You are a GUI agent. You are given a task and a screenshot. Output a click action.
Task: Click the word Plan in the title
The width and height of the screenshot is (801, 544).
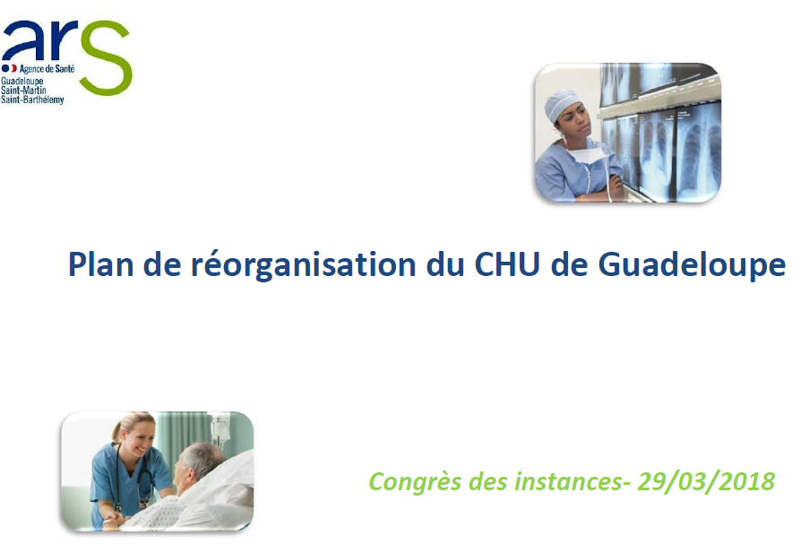[x=100, y=264]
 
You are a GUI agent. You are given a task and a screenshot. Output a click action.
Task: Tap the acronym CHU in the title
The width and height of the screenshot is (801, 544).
[x=507, y=264]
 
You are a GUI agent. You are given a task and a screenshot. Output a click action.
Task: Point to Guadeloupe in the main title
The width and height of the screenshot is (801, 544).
[x=692, y=265]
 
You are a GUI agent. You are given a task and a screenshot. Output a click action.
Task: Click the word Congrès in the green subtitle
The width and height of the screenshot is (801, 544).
[x=415, y=482]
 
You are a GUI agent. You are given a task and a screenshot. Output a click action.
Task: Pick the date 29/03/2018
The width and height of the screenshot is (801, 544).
[x=706, y=481]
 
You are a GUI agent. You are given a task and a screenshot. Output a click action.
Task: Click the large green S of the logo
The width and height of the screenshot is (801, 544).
[x=105, y=57]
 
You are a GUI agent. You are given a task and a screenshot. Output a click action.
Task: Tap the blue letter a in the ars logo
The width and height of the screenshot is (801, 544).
[x=22, y=41]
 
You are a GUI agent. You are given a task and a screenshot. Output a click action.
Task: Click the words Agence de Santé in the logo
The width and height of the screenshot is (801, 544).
[x=47, y=68]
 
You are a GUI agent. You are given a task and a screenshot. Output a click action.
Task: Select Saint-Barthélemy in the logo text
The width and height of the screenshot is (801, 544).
[x=32, y=99]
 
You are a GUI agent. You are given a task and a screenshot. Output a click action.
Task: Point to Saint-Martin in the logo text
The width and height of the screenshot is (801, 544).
[x=23, y=91]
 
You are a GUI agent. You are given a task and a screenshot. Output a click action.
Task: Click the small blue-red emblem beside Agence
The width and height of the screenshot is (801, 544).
[x=9, y=68]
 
